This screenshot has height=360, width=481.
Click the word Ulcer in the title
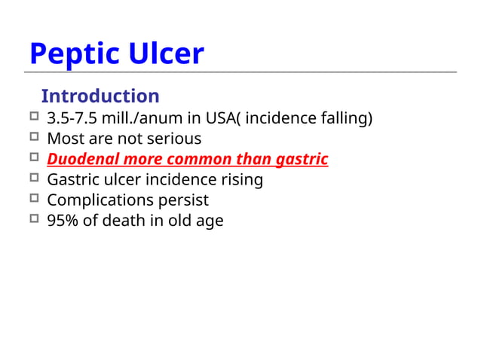click(x=164, y=54)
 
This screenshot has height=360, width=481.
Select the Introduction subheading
click(x=100, y=96)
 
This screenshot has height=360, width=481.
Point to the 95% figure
click(x=62, y=221)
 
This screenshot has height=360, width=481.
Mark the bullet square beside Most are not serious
click(x=33, y=137)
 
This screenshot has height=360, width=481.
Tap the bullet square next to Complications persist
click(x=33, y=199)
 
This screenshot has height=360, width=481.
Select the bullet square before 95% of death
click(x=33, y=219)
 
